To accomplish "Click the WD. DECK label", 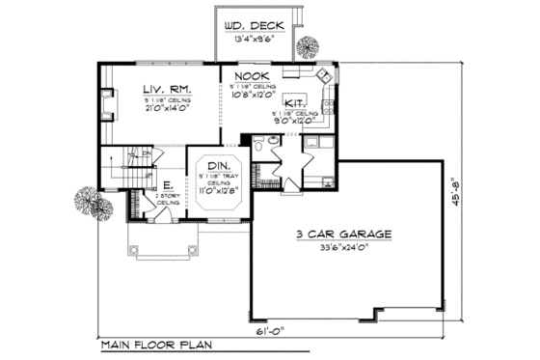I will point(250,27).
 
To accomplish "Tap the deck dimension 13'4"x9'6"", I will point(250,42).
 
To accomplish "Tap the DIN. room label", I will point(219,165).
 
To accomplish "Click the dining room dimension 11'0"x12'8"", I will point(219,191).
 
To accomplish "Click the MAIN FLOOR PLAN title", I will point(156,344).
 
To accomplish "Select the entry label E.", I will point(167,185).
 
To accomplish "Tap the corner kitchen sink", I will point(325,77).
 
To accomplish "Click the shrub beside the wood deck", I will point(309,46).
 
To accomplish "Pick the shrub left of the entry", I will point(87,202).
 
